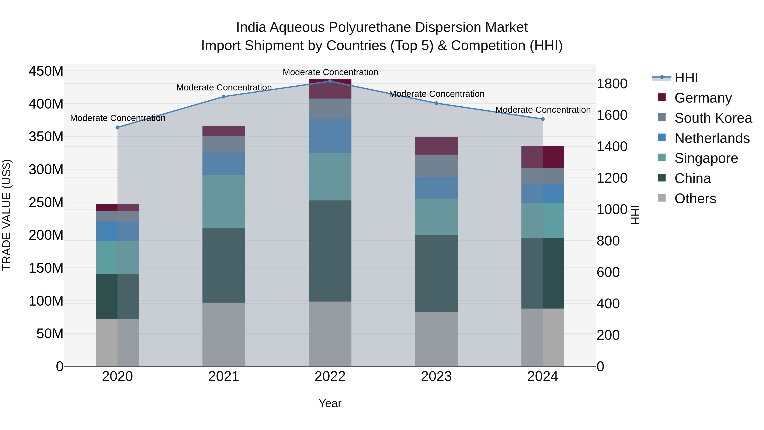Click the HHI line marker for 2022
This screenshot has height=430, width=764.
coord(330,81)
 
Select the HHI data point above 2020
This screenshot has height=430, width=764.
coord(117,127)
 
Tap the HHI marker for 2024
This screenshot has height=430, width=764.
coord(542,119)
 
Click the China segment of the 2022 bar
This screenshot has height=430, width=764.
coord(330,251)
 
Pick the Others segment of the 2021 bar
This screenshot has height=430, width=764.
coord(224,334)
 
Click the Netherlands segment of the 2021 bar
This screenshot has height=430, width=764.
coord(224,164)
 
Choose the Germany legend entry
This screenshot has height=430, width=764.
coord(703,98)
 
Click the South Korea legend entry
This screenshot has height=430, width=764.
coord(713,118)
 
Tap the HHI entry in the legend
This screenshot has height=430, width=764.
coord(686,78)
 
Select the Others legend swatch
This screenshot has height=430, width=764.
coord(662,198)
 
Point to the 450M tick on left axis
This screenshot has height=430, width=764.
coord(46,71)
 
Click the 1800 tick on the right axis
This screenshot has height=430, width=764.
coord(612,84)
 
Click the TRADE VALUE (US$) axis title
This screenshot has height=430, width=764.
coord(7,215)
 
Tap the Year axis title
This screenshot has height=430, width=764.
coord(330,403)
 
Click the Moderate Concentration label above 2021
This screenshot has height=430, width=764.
coord(224,87)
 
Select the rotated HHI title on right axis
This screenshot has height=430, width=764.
coord(635,215)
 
